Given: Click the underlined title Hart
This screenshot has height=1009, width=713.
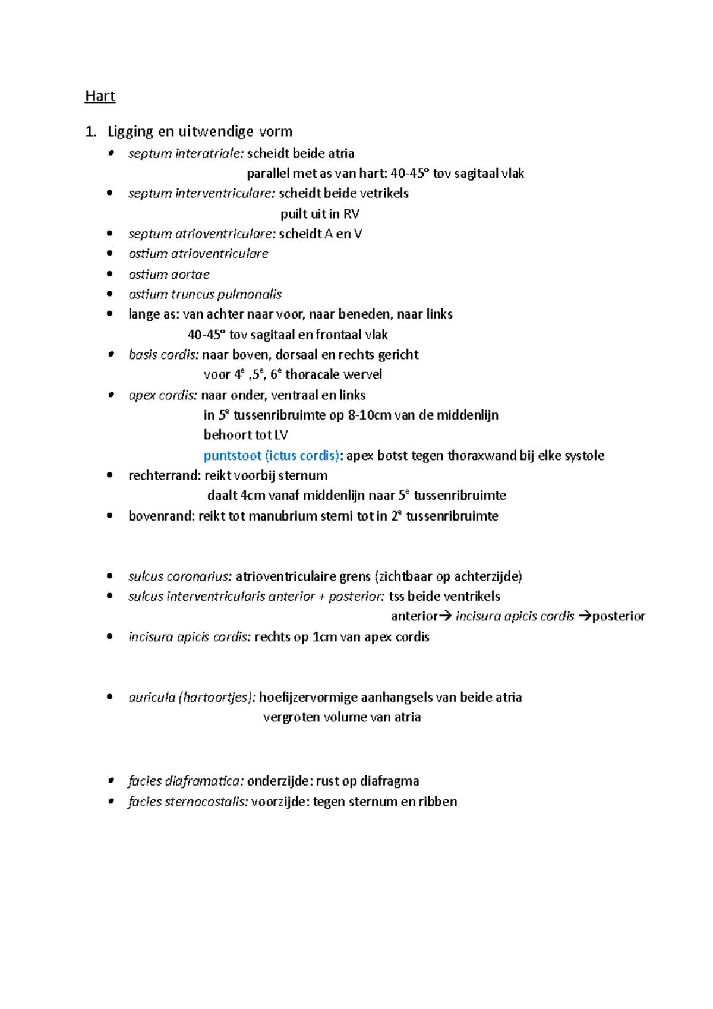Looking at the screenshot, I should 100,96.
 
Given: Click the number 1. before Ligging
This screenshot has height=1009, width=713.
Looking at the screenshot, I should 90,131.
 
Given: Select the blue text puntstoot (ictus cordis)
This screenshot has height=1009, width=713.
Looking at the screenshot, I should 272,456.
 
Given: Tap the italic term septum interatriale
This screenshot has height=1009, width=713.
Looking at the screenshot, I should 185,153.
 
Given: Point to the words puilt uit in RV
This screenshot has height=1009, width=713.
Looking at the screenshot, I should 320,214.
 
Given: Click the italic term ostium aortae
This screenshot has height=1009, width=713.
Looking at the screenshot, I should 169,275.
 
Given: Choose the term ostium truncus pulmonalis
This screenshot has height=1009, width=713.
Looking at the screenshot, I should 204,294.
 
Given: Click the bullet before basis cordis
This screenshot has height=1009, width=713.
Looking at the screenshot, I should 110,355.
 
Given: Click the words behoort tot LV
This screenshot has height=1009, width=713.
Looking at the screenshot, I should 245,435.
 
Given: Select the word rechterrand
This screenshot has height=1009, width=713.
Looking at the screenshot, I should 164,475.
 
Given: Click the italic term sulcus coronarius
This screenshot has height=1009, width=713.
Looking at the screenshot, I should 179,576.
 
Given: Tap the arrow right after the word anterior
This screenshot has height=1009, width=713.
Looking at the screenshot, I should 445,616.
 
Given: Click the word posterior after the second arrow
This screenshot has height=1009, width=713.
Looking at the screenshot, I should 619,616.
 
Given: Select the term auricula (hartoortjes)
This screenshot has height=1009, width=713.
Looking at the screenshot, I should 191,697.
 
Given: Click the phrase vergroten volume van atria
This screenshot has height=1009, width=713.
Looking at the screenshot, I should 342,717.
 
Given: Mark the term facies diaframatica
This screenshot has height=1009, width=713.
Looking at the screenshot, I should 185,781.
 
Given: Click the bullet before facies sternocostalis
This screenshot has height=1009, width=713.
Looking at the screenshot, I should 110,802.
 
